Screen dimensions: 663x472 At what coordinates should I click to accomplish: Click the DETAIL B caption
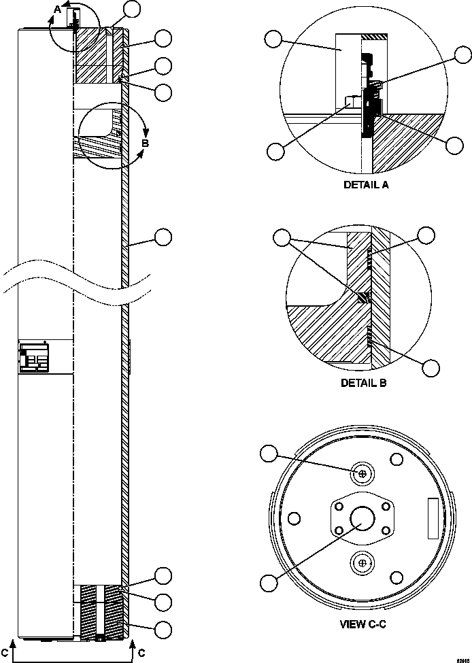point(364,383)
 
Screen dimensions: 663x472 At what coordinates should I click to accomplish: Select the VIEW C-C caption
point(363,624)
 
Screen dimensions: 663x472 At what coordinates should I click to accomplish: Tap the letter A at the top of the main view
point(58,9)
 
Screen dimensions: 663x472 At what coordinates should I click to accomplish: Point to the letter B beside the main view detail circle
point(145,143)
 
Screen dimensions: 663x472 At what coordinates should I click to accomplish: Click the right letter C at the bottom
point(141,652)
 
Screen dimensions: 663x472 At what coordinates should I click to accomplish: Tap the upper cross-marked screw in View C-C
point(363,473)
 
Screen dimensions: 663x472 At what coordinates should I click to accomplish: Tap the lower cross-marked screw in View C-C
point(363,563)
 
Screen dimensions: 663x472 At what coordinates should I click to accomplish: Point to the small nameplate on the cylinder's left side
point(33,358)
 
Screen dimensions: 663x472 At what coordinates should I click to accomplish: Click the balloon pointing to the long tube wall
point(163,237)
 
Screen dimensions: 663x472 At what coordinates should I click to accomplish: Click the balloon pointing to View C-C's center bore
point(270,582)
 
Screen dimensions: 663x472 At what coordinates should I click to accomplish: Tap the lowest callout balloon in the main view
point(163,629)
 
